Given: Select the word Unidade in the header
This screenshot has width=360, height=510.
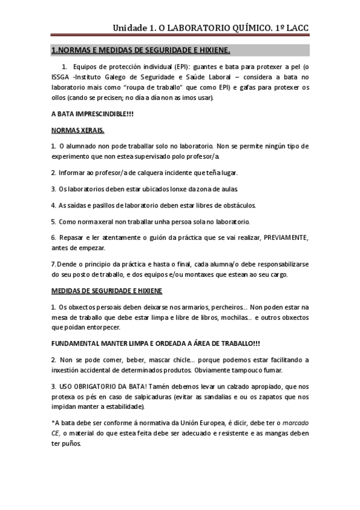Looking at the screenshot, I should pos(130,28).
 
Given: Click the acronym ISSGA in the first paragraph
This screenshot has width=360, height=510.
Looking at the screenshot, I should pos(61,77).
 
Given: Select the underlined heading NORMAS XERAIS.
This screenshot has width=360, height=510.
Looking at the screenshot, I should pos(78,130).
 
